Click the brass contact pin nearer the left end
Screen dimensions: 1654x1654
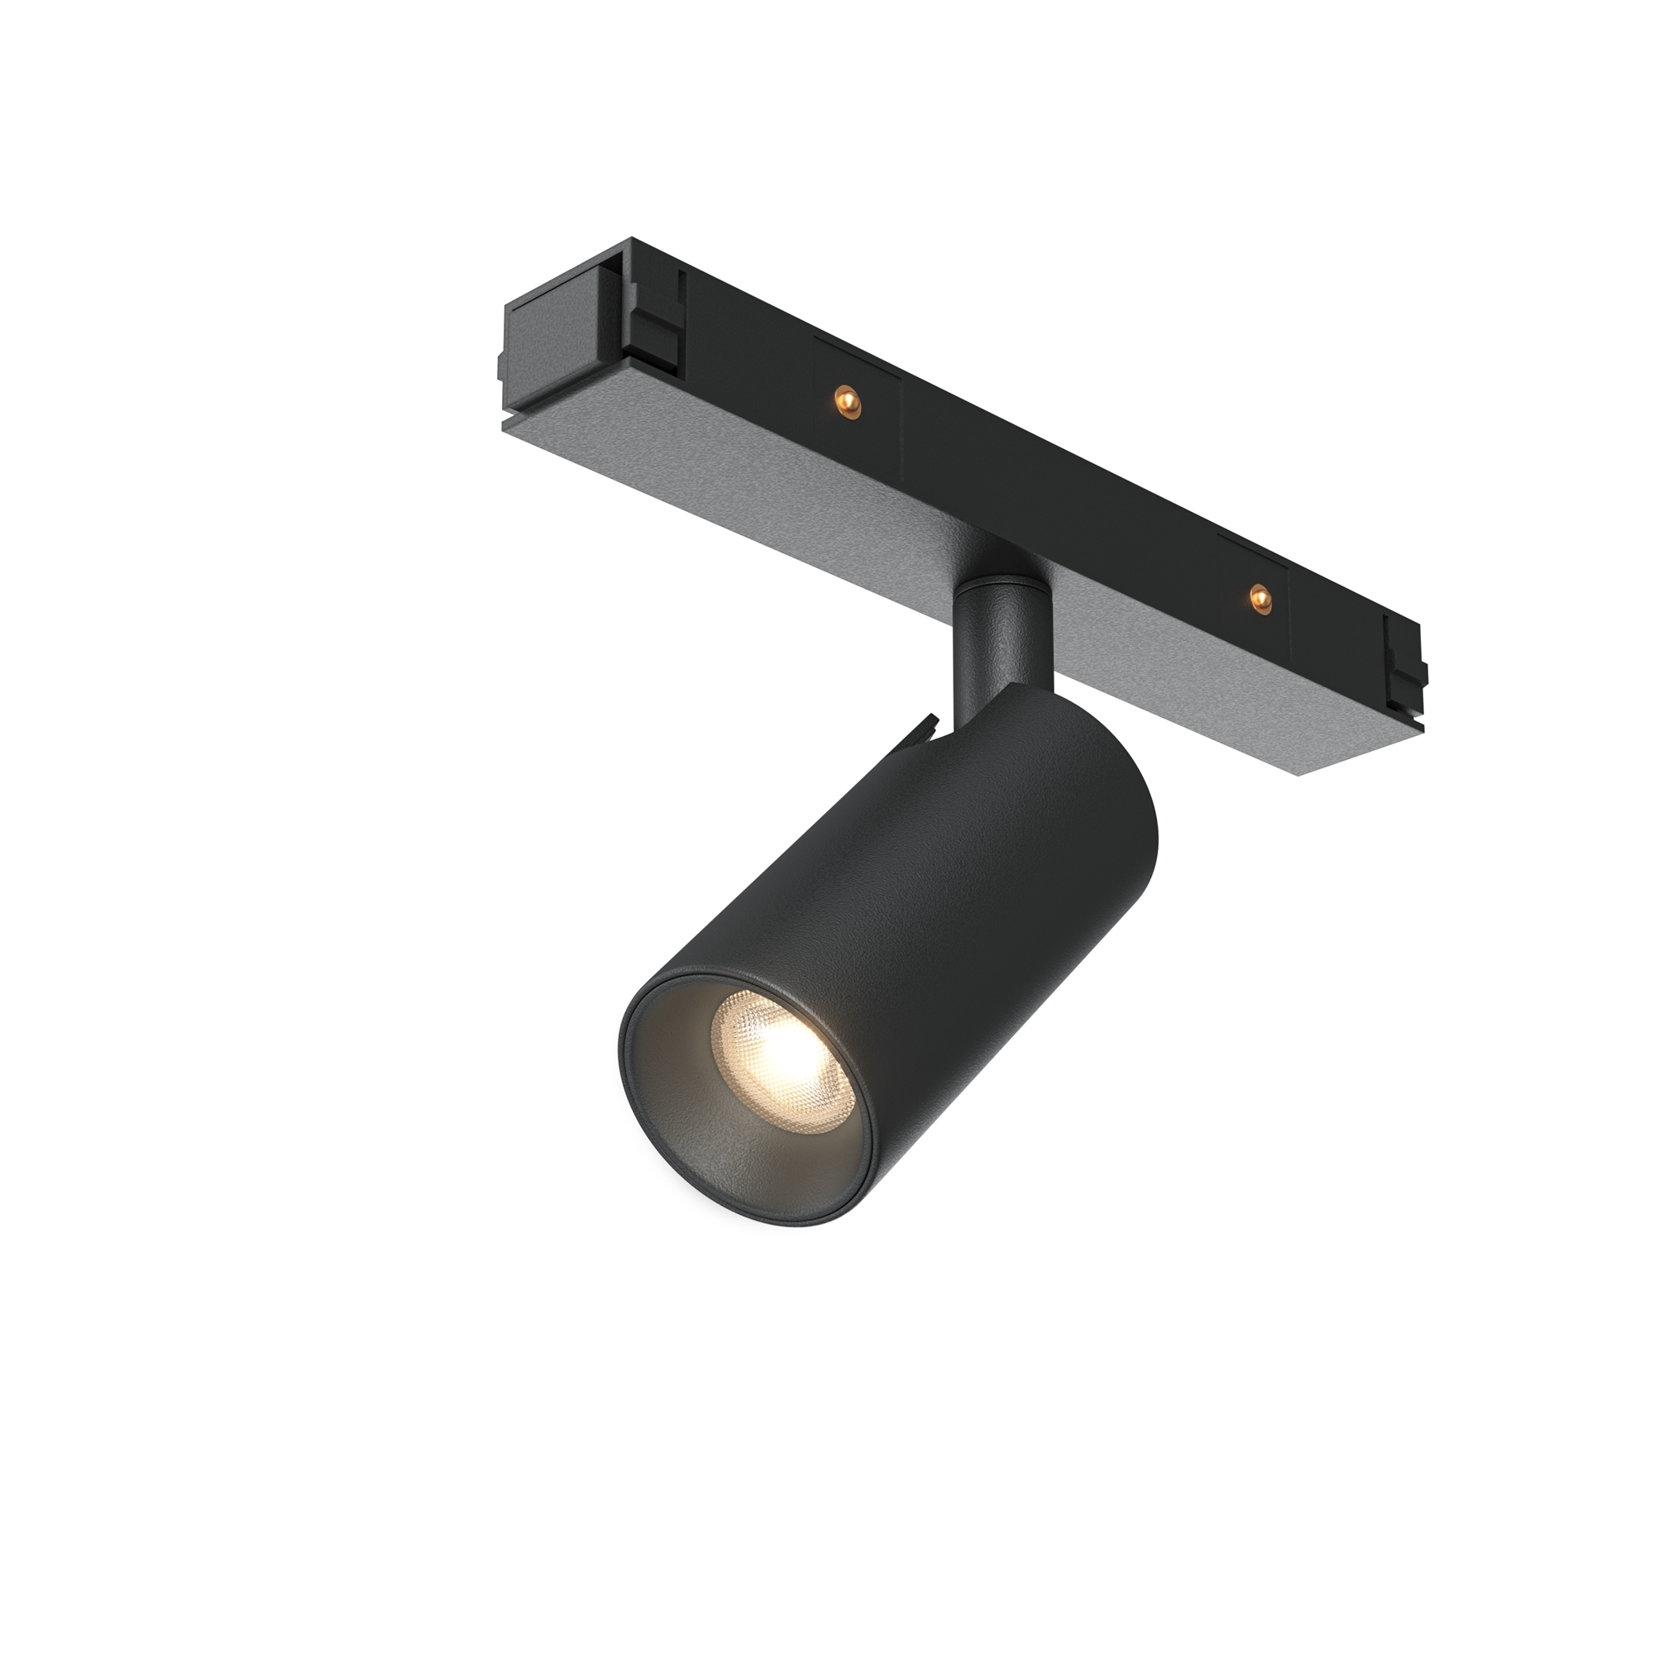pyautogui.click(x=846, y=399)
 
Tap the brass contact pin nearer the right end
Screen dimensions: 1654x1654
pyautogui.click(x=1258, y=595)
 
